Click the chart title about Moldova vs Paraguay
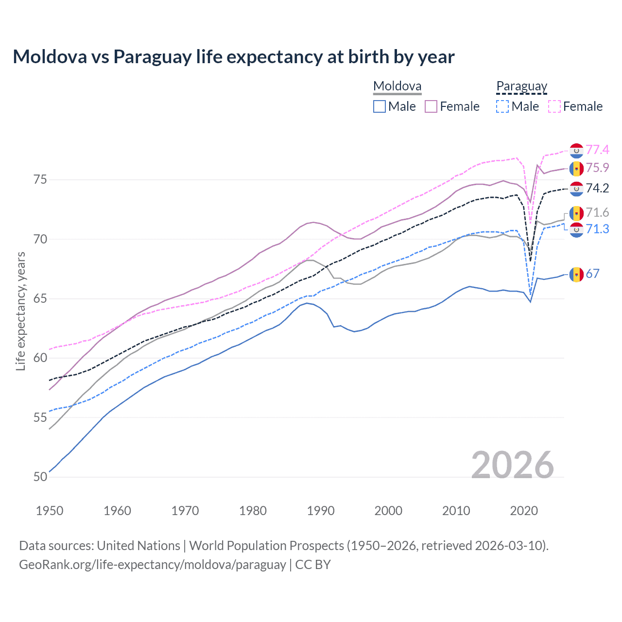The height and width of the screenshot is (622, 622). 233,57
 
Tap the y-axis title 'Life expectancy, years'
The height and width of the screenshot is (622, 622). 20,311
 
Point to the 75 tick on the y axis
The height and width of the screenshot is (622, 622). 40,180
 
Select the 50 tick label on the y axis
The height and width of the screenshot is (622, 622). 40,477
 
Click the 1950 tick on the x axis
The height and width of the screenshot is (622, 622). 50,511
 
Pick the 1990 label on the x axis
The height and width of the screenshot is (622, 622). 321,511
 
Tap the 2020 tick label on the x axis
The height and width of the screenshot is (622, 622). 524,511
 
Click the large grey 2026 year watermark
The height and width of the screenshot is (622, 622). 512,465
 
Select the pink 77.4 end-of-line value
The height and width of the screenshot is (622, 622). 597,150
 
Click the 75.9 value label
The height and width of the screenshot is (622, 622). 597,168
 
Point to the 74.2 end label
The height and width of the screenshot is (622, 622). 597,189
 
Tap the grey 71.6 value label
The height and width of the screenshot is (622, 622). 597,213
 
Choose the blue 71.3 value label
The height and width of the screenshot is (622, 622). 597,229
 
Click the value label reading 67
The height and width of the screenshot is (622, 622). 592,274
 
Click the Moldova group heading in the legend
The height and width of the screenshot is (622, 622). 397,86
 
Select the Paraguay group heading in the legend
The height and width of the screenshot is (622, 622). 521,86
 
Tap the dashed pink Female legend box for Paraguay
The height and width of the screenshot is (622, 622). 554,106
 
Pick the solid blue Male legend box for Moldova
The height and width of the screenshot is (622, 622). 380,106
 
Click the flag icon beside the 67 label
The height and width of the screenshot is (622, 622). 576,275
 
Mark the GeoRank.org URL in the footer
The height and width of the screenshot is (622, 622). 153,565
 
